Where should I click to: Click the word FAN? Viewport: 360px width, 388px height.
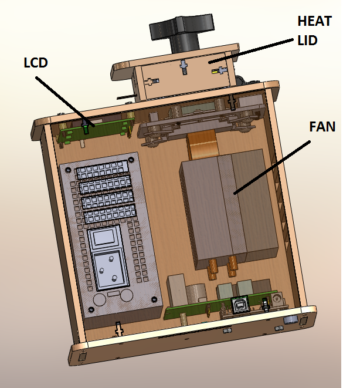click(322, 126)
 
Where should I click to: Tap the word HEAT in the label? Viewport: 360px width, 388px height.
click(314, 22)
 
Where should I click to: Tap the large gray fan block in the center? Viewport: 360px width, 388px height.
click(229, 205)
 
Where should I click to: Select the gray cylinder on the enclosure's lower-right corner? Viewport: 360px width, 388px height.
click(290, 320)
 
